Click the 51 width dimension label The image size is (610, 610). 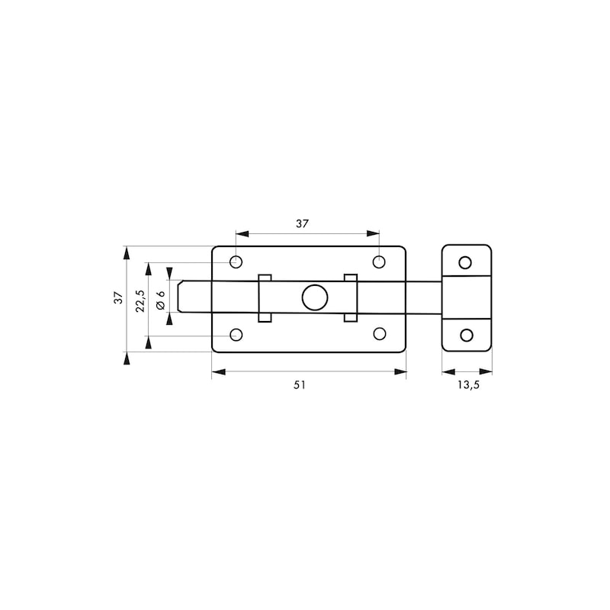point(300,385)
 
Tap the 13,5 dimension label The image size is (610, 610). point(468,385)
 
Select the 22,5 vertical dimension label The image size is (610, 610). point(140,300)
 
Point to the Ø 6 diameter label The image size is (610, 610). point(160,300)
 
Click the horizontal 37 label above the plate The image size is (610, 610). point(302,223)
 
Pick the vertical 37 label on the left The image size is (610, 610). point(118,297)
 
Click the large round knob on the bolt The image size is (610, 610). point(315,297)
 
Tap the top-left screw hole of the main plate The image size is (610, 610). point(236,262)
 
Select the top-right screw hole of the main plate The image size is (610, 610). point(379,262)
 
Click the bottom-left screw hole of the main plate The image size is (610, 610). point(236,335)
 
